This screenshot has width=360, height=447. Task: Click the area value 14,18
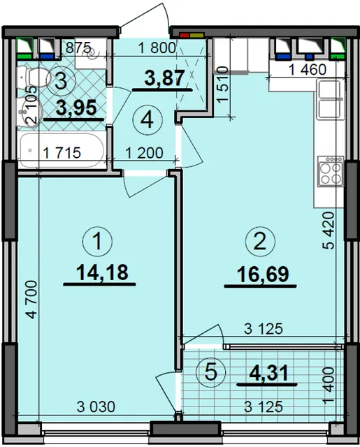(x=103, y=272)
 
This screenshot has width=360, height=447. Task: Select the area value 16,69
(x=263, y=274)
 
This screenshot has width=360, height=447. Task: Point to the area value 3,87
(x=164, y=78)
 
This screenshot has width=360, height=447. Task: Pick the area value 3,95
(x=76, y=108)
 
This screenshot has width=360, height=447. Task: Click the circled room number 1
(x=98, y=241)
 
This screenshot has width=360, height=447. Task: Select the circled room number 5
(x=211, y=372)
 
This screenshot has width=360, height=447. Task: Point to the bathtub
(x=61, y=151)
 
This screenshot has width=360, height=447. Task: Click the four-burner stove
(x=331, y=170)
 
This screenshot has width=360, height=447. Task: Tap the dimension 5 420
(x=329, y=230)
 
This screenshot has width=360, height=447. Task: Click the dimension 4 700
(x=31, y=300)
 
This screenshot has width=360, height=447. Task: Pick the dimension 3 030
(x=96, y=406)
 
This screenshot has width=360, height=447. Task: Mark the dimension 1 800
(x=157, y=48)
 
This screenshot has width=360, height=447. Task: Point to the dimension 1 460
(x=308, y=70)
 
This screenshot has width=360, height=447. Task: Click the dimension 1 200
(x=144, y=153)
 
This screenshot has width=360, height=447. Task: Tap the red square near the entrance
(x=185, y=36)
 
